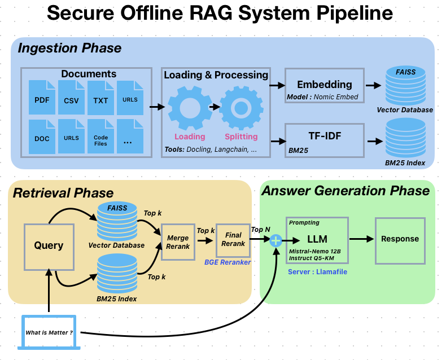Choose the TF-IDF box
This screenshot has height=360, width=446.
[324, 140]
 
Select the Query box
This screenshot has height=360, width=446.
[49, 246]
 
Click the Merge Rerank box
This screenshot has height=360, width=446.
[178, 242]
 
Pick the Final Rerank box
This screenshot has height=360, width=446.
[233, 240]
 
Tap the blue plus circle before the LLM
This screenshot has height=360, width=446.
[276, 241]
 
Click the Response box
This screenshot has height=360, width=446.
[400, 239]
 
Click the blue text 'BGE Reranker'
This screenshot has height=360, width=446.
[227, 262]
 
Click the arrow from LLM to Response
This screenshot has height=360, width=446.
[362, 239]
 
